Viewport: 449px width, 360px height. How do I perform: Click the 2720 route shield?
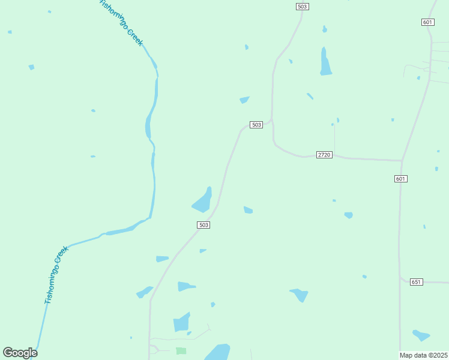[x=324, y=155]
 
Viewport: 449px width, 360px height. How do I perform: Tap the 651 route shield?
[x=416, y=282]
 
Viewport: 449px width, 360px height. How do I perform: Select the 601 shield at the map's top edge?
[x=427, y=22]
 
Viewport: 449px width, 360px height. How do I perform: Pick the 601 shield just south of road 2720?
[x=401, y=179]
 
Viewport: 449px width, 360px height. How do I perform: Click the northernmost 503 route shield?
[x=302, y=7]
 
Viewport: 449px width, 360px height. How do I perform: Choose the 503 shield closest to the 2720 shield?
[x=256, y=125]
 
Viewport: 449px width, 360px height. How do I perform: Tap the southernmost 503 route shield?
[x=203, y=225]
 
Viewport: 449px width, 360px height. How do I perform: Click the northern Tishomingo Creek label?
[x=121, y=22]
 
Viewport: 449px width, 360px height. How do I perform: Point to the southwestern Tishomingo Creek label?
[x=56, y=275]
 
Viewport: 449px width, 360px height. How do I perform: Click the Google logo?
[x=20, y=353]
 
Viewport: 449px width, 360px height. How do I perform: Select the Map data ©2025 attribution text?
[x=424, y=355]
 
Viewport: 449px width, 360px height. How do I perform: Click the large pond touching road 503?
[x=202, y=201]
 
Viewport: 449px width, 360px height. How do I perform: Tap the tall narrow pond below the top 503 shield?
[x=325, y=62]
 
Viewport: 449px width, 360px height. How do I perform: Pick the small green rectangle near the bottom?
[x=181, y=350]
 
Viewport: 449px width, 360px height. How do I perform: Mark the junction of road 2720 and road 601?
[x=401, y=161]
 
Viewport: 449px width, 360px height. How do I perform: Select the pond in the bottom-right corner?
[x=421, y=335]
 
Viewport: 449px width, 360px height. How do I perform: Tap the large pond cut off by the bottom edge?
[x=217, y=352]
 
